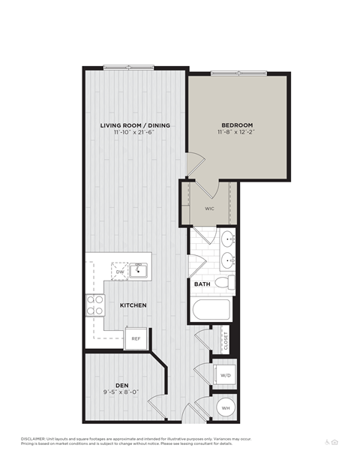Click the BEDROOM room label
pos(237,125)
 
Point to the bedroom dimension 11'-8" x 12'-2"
pos(237,132)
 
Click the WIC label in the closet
pos(209,209)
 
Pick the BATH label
pos(202,284)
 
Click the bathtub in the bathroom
pos(210,311)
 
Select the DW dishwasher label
pos(109,272)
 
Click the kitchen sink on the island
pos(137,270)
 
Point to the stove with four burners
pos(94,304)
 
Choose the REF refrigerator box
pos(136,338)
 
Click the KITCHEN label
pos(132,305)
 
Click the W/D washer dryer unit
pos(225,374)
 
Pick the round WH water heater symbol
pos(225,407)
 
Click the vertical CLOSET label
pos(225,341)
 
